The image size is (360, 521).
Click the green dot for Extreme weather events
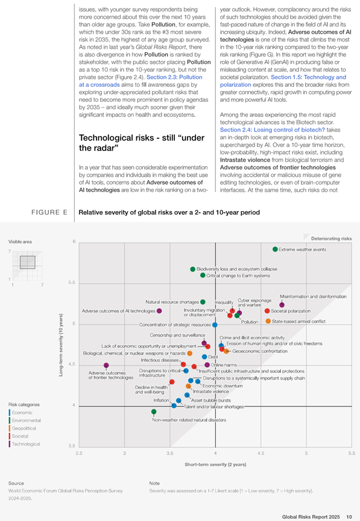tap(275, 249)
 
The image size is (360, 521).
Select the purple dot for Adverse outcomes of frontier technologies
tap(106, 365)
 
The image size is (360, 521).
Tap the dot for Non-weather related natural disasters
tap(154, 412)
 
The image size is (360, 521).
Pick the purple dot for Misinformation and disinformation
tap(282, 305)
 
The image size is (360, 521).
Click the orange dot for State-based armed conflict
tap(268, 321)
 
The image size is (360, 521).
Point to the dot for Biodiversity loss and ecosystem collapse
tap(192, 269)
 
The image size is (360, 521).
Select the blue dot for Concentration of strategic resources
tap(215, 325)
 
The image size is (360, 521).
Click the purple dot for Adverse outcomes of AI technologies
tap(159, 311)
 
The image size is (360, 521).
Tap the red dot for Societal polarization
tap(267, 311)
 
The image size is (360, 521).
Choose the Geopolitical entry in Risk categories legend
tap(24, 428)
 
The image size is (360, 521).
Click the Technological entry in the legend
tap(25, 444)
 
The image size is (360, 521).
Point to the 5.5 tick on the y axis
tap(72, 282)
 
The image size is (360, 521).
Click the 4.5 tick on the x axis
tap(261, 453)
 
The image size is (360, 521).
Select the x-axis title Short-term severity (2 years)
tap(215, 464)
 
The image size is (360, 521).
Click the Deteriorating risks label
tap(331, 239)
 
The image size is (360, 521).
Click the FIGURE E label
tap(49, 212)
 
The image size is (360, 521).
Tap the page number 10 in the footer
tap(349, 517)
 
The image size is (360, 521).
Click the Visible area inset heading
tap(20, 242)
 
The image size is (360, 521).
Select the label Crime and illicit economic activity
tap(252, 338)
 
